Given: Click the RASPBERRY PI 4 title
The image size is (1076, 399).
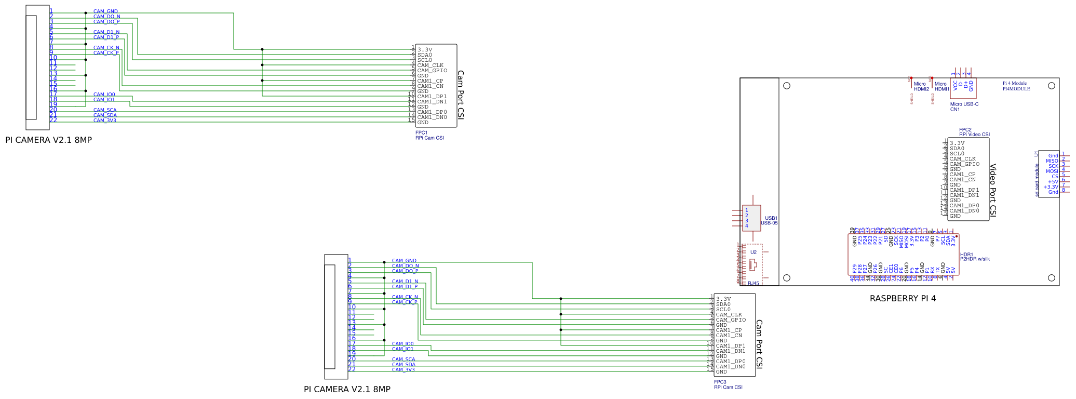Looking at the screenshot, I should [903, 299].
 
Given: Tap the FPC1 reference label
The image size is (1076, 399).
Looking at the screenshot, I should [421, 133].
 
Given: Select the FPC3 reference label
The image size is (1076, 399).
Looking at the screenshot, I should [720, 382].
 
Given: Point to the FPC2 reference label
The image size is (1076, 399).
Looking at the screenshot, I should [965, 130].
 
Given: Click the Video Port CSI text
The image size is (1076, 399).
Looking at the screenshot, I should [992, 190].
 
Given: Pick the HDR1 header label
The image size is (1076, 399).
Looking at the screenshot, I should [966, 255].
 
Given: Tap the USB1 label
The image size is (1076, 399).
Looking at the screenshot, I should [771, 218].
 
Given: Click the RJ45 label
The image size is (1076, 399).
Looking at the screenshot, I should [753, 283].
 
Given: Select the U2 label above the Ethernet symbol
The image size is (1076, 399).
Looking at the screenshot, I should [753, 252].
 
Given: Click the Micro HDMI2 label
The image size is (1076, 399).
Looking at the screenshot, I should [921, 86].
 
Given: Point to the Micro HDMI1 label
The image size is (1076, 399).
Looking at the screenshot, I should [941, 86].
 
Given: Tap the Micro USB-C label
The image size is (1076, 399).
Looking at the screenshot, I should [964, 104].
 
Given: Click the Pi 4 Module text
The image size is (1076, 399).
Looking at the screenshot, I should [1014, 83].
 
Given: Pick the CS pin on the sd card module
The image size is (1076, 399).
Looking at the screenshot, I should [1055, 177].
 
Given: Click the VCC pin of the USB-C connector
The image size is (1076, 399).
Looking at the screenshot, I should [955, 85].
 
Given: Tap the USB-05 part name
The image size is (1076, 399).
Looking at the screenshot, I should [769, 223].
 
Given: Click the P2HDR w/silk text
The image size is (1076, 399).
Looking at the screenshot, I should [975, 259].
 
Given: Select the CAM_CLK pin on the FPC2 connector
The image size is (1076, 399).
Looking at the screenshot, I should [962, 159].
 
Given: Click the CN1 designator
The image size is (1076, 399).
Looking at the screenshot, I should [954, 110].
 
